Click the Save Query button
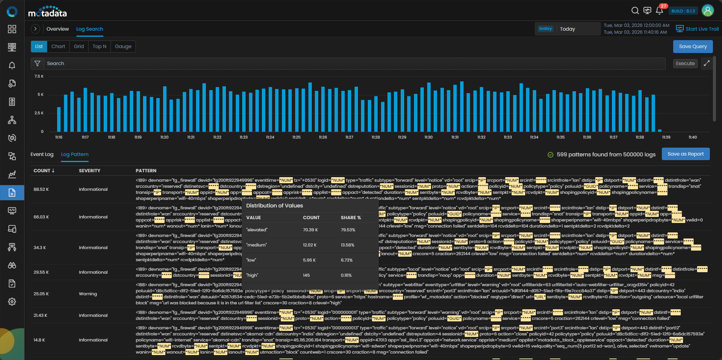tap(692, 47)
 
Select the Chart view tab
tap(58, 47)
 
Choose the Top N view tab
tap(99, 47)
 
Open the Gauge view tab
tap(123, 47)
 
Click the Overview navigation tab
tap(58, 29)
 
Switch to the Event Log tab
tap(42, 154)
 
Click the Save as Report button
tap(685, 154)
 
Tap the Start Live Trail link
tap(697, 29)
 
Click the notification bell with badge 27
tap(659, 11)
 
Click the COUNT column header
tap(44, 171)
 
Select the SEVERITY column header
tap(90, 171)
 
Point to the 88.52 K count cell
tap(41, 189)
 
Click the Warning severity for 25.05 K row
tap(88, 294)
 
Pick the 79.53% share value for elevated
tap(348, 230)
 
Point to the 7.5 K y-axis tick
tap(39, 76)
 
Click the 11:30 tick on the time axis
tap(428, 137)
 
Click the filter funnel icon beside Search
tap(37, 64)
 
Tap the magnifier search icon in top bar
tap(635, 11)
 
